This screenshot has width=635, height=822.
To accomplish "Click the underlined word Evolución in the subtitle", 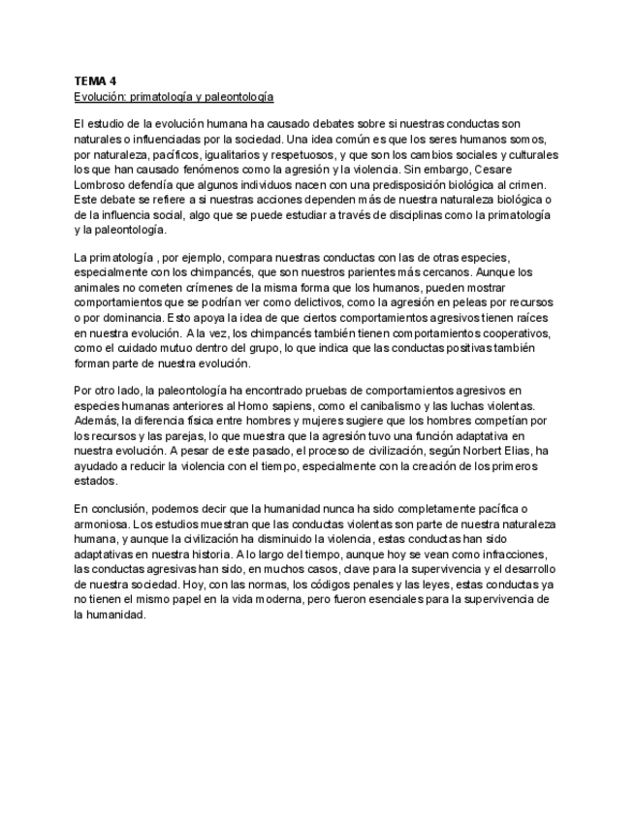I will (98, 97).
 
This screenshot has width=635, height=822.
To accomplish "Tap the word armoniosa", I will (102, 523).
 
